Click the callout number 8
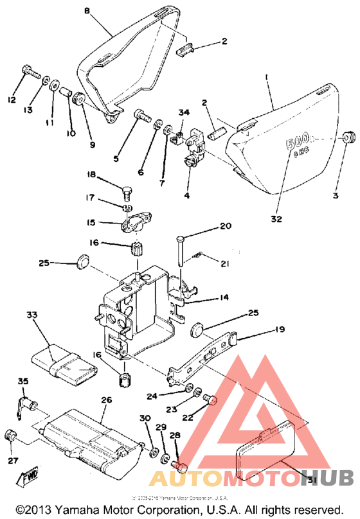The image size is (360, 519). pos(87,10)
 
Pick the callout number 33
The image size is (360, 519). pos(32,315)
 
